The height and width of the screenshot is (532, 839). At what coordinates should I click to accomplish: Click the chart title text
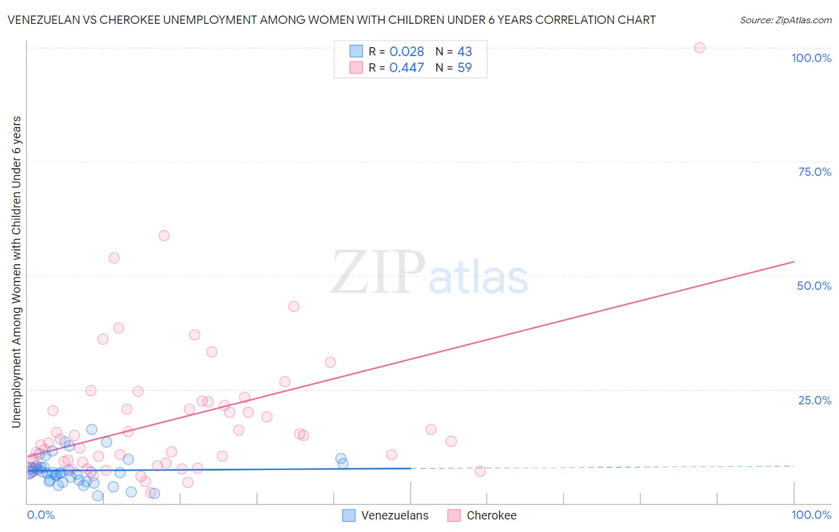click(x=332, y=20)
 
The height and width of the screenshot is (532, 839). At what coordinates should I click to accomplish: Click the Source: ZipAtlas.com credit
click(x=785, y=20)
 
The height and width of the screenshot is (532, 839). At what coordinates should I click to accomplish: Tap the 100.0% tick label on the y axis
click(x=811, y=58)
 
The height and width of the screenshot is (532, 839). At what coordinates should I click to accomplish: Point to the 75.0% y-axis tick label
click(x=815, y=172)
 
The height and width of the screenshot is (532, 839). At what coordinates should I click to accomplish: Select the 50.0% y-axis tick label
click(x=814, y=286)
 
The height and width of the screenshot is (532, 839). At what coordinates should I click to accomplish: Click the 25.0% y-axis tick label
click(x=815, y=400)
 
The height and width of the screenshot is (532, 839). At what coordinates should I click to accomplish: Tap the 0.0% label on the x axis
click(x=41, y=515)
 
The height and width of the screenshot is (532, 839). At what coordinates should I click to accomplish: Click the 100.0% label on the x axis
click(x=811, y=515)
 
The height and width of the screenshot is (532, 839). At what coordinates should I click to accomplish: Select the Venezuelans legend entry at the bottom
click(x=385, y=515)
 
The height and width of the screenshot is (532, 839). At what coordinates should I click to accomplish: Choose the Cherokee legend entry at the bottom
click(x=482, y=515)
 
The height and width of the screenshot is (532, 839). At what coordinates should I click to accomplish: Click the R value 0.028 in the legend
click(x=406, y=52)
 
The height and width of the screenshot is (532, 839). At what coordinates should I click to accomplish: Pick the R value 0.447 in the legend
click(x=406, y=68)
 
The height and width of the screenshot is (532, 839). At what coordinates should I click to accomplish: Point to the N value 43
click(x=464, y=52)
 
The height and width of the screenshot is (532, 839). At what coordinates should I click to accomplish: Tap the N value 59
click(x=464, y=68)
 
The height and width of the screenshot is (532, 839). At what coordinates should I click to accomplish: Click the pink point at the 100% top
click(x=699, y=48)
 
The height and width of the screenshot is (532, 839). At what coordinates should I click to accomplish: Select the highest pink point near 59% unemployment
click(x=164, y=236)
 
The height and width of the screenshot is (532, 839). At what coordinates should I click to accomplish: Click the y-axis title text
click(x=17, y=272)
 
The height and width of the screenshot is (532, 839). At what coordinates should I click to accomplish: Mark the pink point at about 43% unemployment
click(x=294, y=307)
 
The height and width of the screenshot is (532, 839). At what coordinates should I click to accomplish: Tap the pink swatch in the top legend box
click(x=356, y=67)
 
